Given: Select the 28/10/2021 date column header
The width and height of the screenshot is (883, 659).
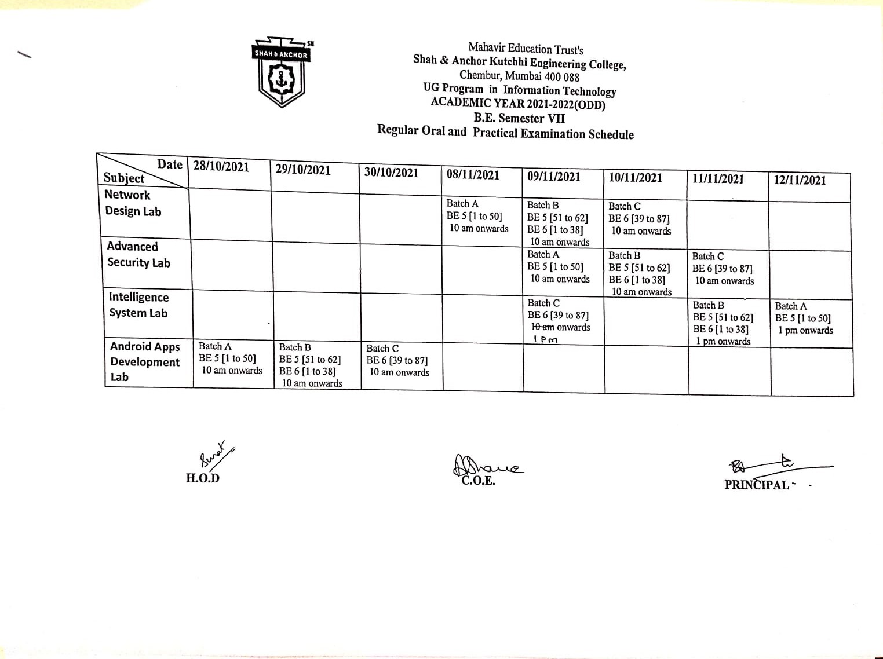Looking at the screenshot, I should click(221, 167).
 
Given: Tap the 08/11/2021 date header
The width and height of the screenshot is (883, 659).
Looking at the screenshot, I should click(473, 175).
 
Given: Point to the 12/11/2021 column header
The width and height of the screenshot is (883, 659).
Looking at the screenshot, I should click(800, 180).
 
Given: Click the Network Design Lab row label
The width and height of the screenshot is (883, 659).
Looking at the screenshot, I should click(133, 203).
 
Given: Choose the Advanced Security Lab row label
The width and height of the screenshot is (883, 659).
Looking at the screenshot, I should click(138, 255).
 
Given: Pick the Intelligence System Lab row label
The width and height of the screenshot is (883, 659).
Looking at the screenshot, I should click(138, 305).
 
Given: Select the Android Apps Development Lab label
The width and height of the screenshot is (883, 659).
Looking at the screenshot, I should click(144, 362).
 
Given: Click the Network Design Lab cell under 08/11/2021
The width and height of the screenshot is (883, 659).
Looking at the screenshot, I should click(477, 216).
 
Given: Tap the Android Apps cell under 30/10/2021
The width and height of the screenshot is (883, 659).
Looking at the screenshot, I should click(397, 360).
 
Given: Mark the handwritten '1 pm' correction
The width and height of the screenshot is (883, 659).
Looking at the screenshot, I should click(545, 340).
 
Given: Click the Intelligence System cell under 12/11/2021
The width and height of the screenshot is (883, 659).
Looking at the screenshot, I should click(803, 318).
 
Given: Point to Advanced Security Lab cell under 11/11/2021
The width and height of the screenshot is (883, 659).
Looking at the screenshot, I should click(723, 269).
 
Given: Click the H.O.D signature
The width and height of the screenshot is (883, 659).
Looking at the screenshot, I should click(215, 453).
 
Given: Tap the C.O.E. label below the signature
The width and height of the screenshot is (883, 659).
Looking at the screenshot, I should click(478, 481).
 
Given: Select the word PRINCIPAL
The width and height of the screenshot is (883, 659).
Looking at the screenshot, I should click(757, 485).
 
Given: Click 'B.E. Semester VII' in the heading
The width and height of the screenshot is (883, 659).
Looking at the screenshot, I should click(519, 118).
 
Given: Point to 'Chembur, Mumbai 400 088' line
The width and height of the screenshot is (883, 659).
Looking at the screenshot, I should click(519, 76).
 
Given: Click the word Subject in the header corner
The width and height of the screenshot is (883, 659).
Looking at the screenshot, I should click(124, 178).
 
